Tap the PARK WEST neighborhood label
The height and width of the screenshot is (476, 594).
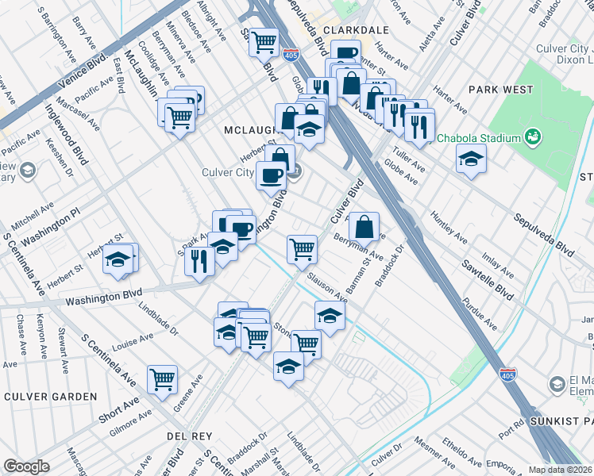(501, 90)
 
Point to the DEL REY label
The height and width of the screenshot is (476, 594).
(187, 436)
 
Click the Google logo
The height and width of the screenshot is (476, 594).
(25, 466)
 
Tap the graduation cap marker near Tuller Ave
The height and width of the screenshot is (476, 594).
(471, 159)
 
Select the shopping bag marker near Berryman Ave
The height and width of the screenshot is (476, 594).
(364, 227)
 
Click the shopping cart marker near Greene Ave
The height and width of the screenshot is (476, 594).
(162, 379)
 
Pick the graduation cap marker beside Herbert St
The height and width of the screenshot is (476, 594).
(118, 259)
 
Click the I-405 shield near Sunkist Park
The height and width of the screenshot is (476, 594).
(507, 374)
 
